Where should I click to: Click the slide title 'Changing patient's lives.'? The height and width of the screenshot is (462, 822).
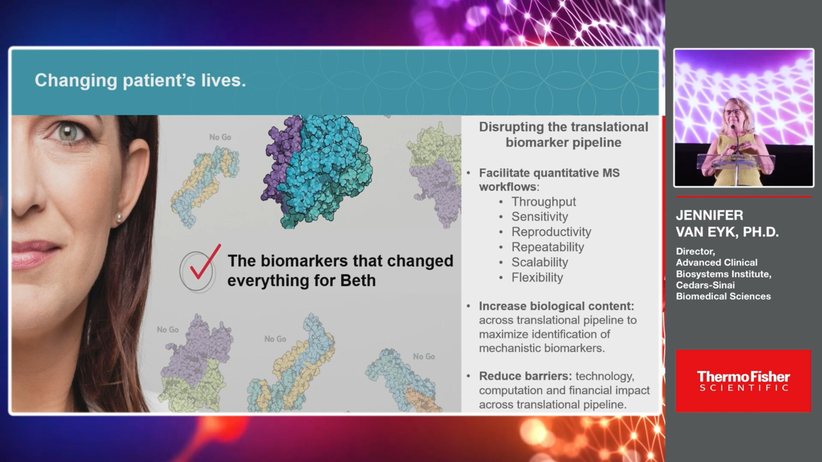click(140, 80)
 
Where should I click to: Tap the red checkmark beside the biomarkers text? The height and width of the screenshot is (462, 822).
click(205, 262)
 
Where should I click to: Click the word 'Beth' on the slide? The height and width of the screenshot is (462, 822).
click(358, 280)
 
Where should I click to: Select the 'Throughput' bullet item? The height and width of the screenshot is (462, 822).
click(543, 201)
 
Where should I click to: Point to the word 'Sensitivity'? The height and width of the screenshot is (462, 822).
click(539, 217)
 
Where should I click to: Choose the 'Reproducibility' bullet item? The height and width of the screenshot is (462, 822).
click(551, 232)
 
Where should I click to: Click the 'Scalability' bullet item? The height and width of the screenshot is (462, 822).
click(539, 262)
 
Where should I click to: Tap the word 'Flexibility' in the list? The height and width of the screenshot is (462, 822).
click(537, 278)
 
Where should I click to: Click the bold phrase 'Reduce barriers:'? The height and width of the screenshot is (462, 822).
click(525, 376)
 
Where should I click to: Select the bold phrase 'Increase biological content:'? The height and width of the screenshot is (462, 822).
click(556, 306)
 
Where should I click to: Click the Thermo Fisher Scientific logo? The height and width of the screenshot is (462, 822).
click(744, 381)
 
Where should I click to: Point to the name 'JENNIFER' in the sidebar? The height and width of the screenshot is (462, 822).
click(710, 215)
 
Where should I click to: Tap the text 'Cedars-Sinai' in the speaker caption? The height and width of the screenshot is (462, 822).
click(705, 285)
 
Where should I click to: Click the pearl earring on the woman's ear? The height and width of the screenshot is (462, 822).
click(119, 219)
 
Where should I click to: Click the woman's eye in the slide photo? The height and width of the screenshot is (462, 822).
click(68, 132)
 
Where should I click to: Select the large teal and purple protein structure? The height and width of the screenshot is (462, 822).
click(317, 171)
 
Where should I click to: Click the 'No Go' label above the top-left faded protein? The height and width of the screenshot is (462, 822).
click(220, 137)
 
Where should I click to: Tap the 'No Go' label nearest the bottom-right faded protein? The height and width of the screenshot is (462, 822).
click(424, 356)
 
